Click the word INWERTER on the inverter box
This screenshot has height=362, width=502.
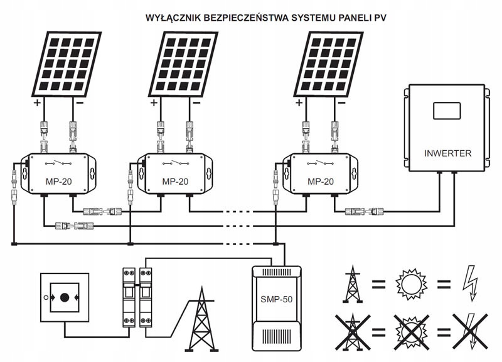(x=447, y=153)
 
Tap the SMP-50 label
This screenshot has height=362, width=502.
(x=276, y=300)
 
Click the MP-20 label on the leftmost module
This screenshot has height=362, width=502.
(x=58, y=182)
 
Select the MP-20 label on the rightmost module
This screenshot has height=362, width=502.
(x=321, y=182)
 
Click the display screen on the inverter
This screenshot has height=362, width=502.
(x=447, y=111)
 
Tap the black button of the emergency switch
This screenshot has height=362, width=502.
(x=65, y=297)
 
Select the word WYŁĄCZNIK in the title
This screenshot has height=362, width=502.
(x=173, y=18)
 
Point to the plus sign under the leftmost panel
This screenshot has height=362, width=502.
(x=38, y=103)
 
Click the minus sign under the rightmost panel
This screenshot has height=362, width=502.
(x=341, y=103)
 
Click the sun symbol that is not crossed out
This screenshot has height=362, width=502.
(x=412, y=285)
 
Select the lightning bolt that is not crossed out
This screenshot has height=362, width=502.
(x=471, y=283)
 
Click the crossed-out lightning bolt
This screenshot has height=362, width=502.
(x=470, y=332)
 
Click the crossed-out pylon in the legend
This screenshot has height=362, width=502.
(x=353, y=332)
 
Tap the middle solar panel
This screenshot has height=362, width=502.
(x=183, y=64)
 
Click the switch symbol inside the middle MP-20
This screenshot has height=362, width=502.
(x=175, y=163)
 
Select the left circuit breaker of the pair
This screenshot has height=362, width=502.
(x=129, y=297)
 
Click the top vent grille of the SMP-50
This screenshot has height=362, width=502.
(x=276, y=273)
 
